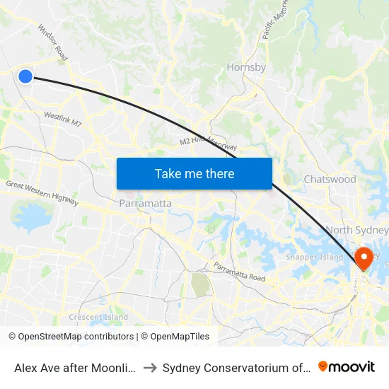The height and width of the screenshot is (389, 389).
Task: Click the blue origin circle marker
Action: tap(25, 76)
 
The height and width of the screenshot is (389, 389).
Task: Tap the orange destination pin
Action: tap(365, 258)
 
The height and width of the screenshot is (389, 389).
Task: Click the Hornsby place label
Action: tap(246, 68)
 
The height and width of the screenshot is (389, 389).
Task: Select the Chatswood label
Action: tap(330, 180)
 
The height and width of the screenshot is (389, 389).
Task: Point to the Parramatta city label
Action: tap(146, 204)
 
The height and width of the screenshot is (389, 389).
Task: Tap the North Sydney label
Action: tap(357, 230)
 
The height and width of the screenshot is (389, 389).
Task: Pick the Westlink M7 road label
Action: tap(63, 117)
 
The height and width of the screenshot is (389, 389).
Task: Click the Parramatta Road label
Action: tap(240, 272)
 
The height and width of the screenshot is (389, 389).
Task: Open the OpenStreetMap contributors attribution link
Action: tap(76, 337)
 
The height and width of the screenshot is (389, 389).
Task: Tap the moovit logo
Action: tap(347, 366)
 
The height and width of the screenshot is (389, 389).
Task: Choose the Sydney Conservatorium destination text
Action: tap(236, 367)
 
